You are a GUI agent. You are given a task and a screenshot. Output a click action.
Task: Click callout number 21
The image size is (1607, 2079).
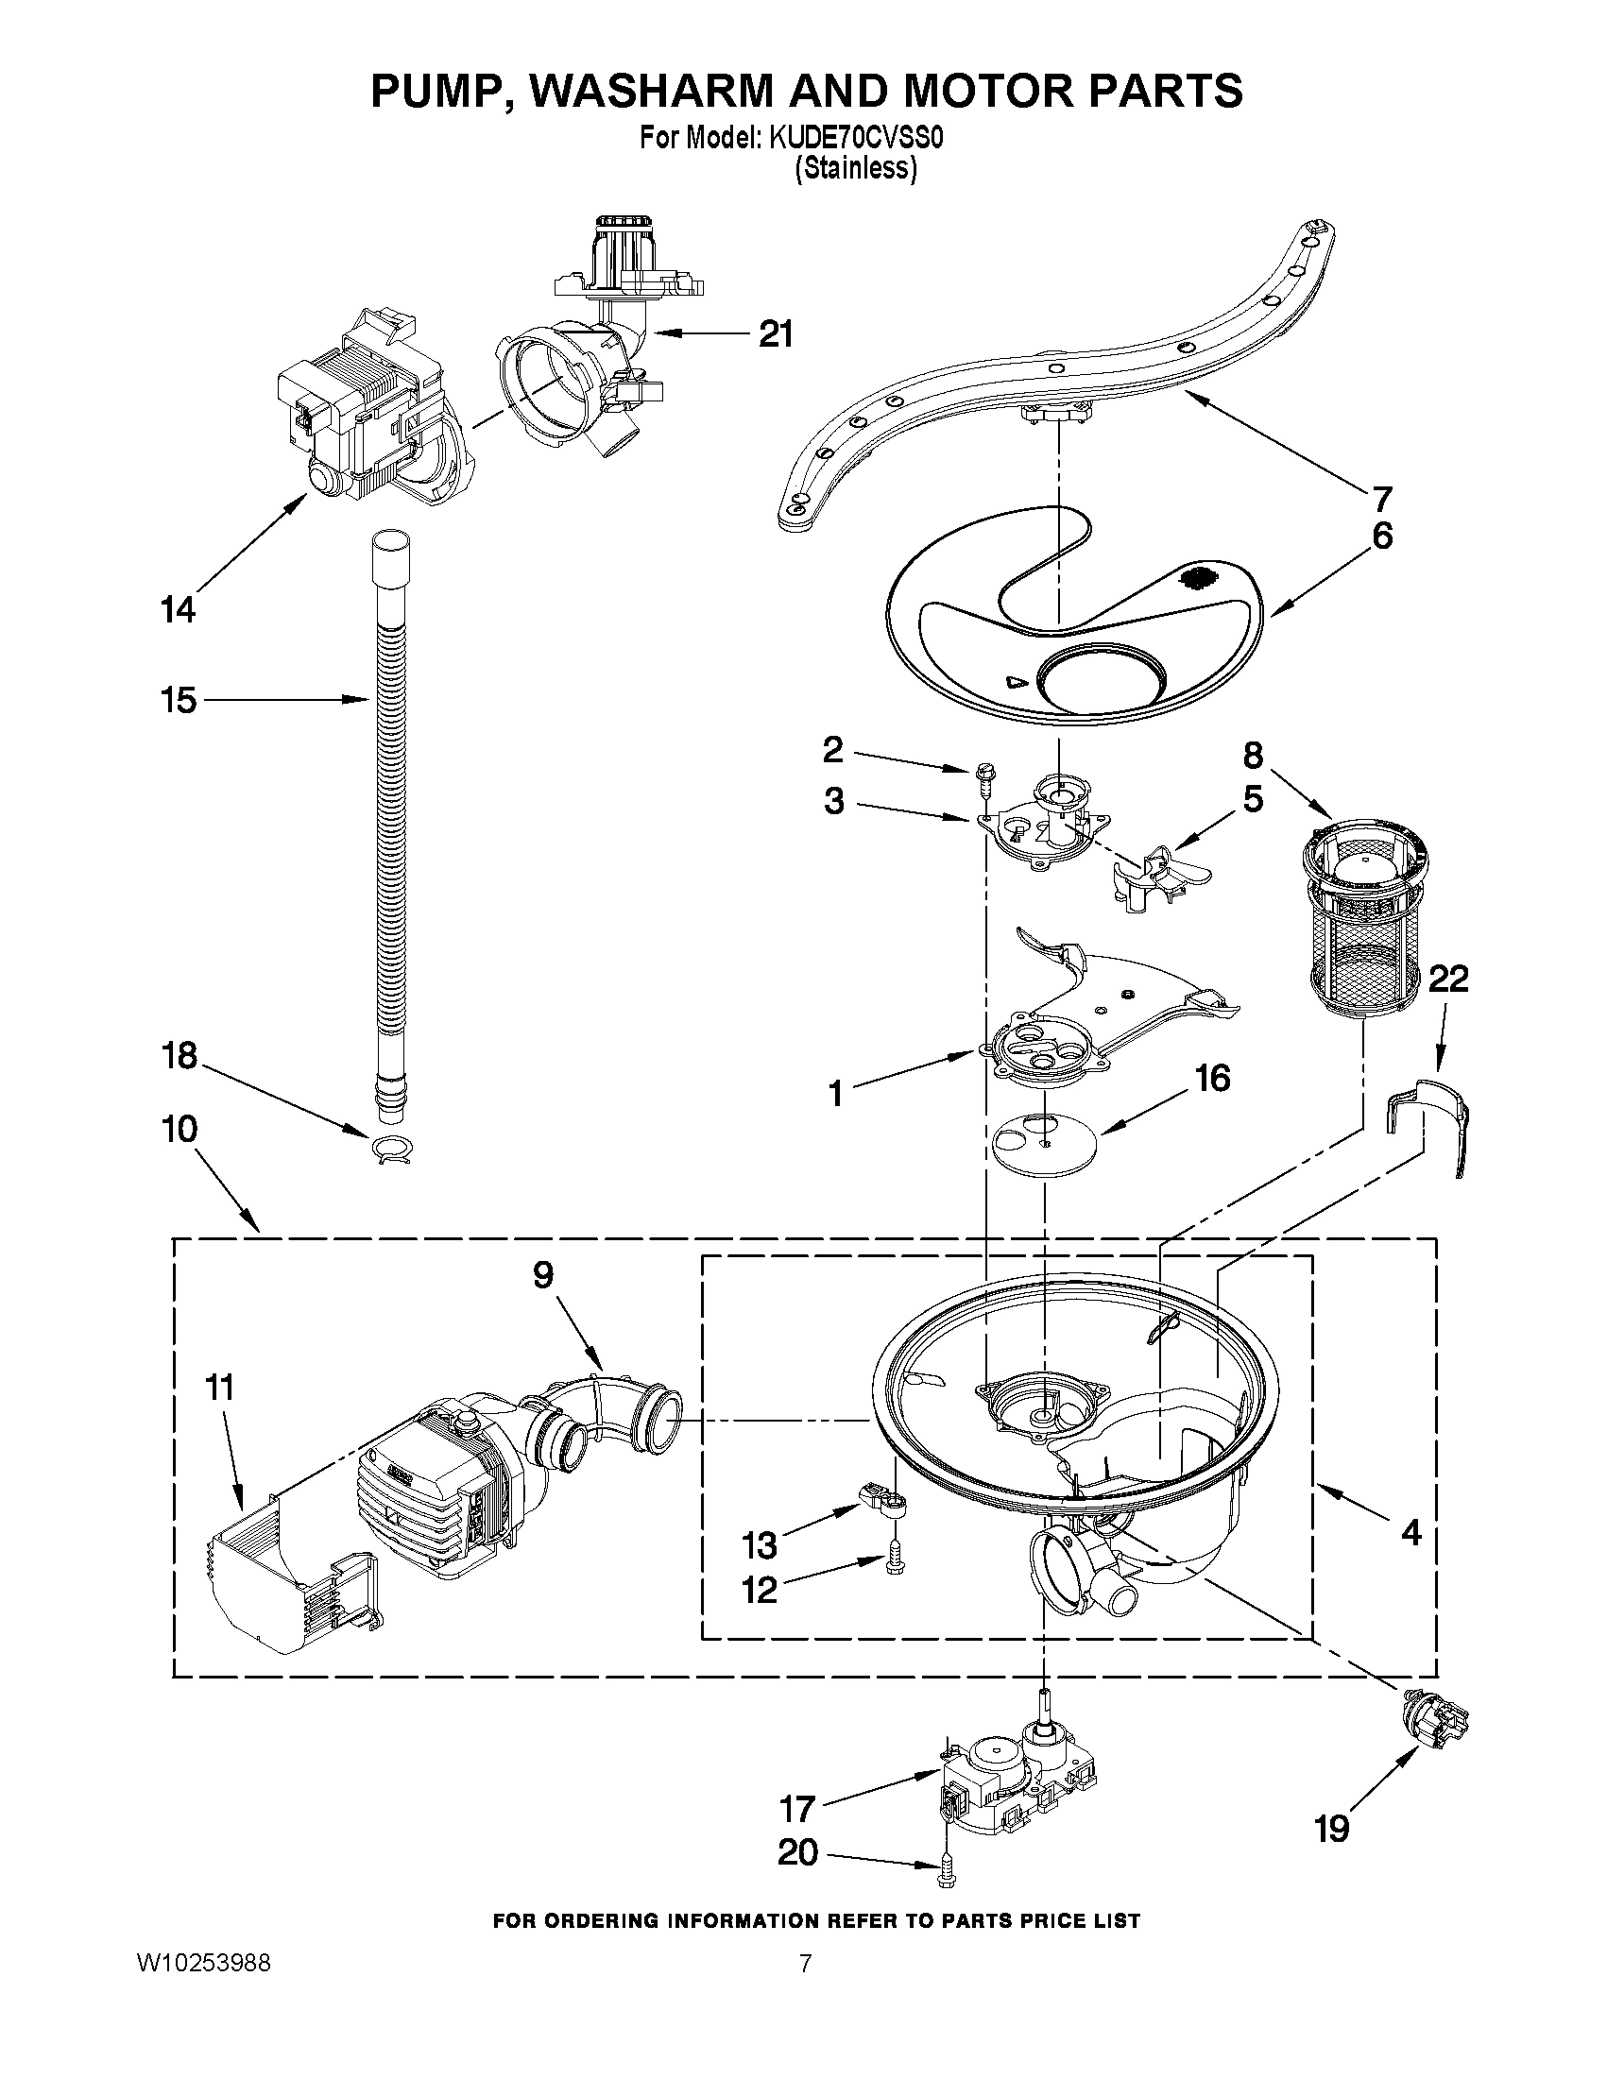coord(775,334)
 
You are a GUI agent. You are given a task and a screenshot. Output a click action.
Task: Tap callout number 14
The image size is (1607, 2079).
coord(177,609)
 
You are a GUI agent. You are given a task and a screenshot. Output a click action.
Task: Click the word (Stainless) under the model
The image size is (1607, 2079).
coord(856,169)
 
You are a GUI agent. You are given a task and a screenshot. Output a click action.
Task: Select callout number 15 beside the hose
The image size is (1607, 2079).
coord(178,700)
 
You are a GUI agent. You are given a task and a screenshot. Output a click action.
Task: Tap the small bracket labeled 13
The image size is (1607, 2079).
coord(882,1502)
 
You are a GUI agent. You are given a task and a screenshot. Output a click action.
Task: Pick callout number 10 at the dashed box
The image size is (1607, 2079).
coord(180,1129)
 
